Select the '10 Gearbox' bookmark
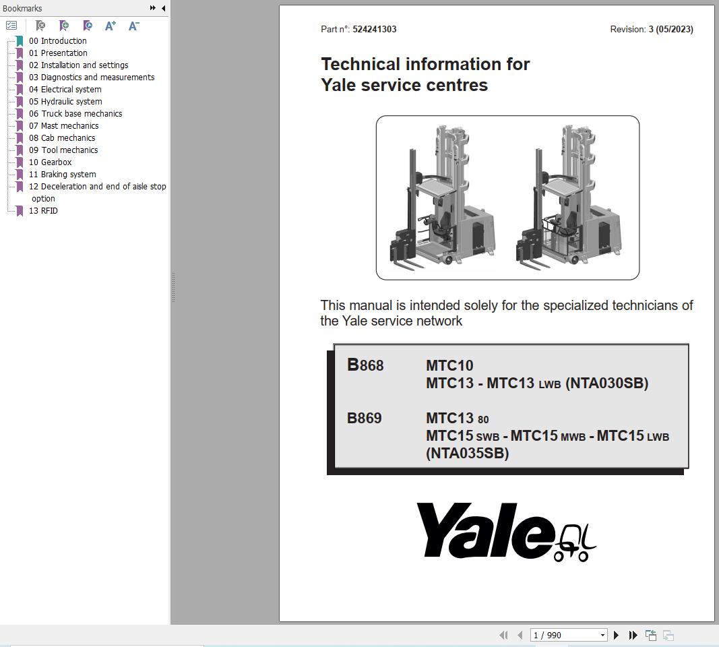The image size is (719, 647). (x=56, y=162)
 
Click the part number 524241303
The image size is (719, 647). (x=374, y=30)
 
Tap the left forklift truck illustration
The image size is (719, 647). (x=442, y=197)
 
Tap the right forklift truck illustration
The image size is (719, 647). (x=569, y=197)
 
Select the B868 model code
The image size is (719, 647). (x=365, y=365)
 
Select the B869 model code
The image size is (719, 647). (x=365, y=419)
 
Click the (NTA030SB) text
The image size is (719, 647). (x=606, y=383)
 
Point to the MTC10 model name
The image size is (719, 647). (x=449, y=366)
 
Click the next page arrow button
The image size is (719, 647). (x=616, y=635)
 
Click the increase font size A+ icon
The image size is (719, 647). (x=111, y=26)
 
